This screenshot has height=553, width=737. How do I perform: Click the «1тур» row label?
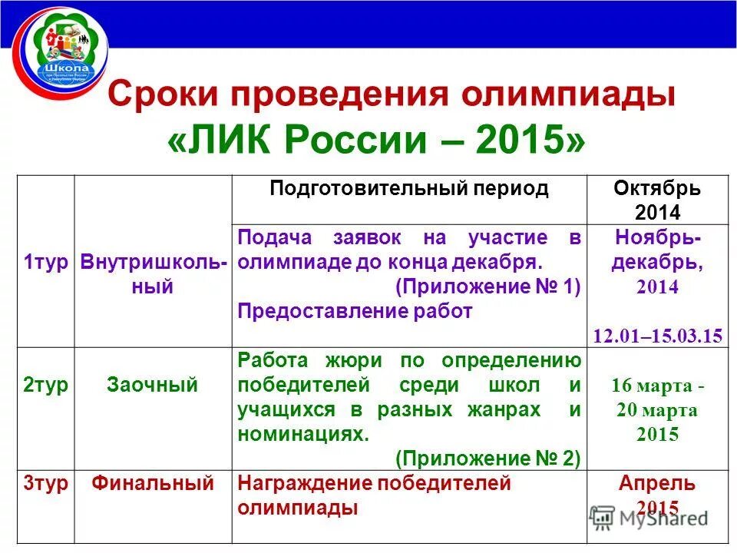coord(45,262)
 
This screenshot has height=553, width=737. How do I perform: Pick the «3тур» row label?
coord(45,484)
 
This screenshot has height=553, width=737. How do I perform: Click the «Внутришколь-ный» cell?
coord(154,274)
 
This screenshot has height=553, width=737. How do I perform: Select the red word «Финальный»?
coord(153,484)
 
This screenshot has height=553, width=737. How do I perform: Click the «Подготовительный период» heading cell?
coord(408,189)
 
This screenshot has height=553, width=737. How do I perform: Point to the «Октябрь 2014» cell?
coord(656,200)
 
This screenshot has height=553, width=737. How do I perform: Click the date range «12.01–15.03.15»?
coord(657,336)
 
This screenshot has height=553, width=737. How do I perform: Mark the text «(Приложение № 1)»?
coord(487,286)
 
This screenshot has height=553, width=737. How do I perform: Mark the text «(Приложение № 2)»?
coord(487,459)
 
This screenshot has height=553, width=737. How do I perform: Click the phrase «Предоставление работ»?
coord(355,311)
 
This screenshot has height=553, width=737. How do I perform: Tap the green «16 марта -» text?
coord(657,386)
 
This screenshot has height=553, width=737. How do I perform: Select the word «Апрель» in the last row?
coord(656,484)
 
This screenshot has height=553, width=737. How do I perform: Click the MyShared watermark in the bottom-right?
coord(649,517)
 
